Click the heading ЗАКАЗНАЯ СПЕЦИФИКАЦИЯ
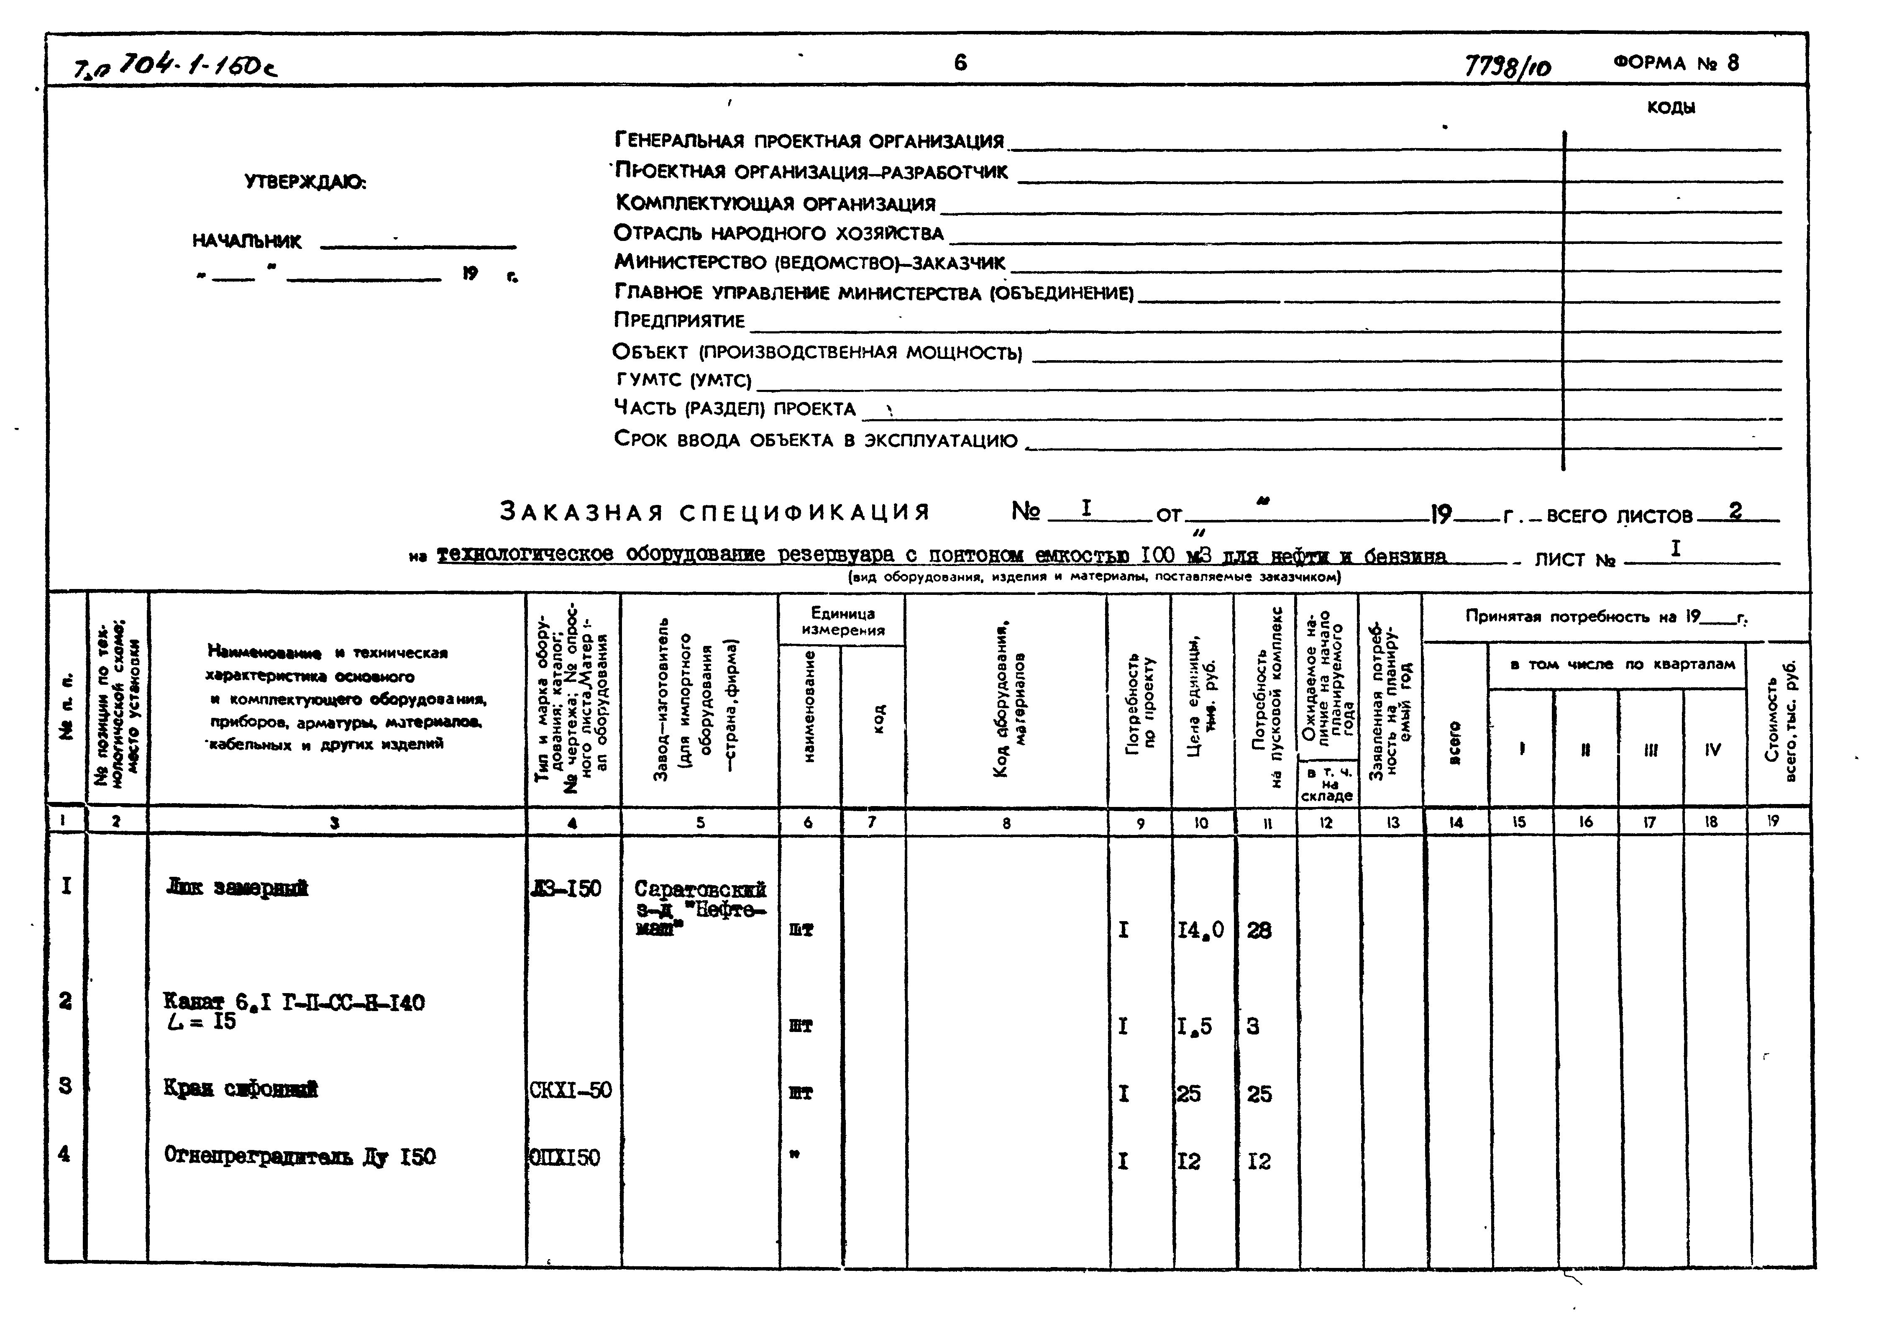tap(714, 512)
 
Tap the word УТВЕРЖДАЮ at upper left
tap(305, 182)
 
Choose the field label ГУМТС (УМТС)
tap(684, 380)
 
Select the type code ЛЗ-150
tap(567, 889)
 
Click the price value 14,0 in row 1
tap(1200, 930)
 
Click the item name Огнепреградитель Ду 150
tap(299, 1157)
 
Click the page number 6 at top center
tap(960, 63)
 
